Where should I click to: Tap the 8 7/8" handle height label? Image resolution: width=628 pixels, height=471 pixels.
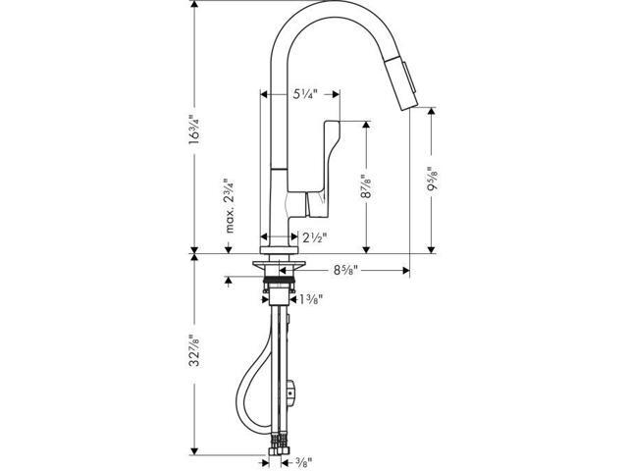(366, 186)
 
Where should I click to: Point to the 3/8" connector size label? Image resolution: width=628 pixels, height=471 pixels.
(304, 460)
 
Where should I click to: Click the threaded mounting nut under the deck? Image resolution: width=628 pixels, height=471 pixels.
(281, 288)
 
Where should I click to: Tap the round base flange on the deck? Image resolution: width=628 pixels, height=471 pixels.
(280, 266)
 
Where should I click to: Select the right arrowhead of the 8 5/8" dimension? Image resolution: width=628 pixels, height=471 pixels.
(405, 267)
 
